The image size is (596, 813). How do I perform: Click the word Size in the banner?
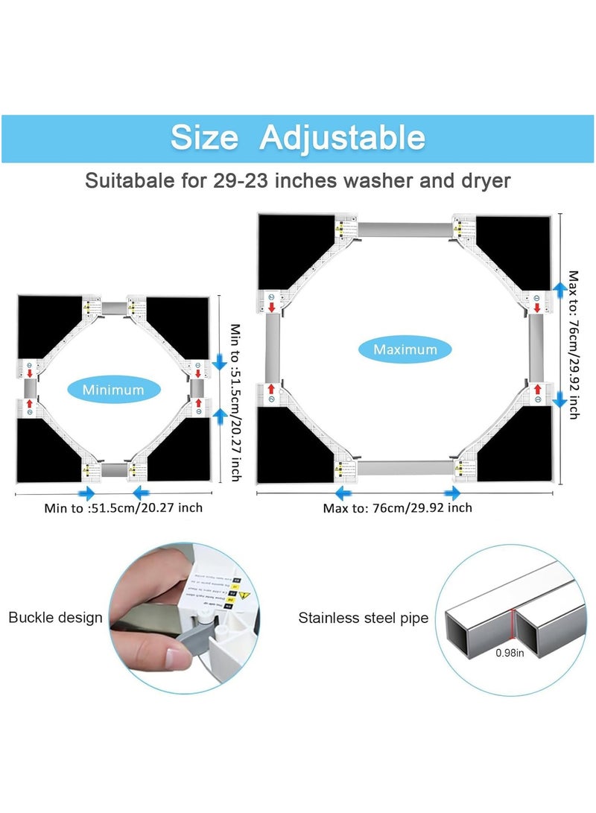(x=204, y=139)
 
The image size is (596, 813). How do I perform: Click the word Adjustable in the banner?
(x=343, y=139)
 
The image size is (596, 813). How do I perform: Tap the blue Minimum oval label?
(x=113, y=390)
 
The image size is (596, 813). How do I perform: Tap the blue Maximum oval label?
(x=405, y=349)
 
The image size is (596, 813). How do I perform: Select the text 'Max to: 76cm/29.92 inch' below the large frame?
(x=397, y=508)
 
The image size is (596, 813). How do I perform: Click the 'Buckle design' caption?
(x=55, y=618)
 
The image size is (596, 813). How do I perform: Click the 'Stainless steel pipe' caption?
(x=364, y=618)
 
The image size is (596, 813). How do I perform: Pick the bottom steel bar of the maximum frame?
(x=405, y=468)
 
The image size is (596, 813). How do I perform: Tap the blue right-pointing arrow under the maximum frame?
(x=452, y=493)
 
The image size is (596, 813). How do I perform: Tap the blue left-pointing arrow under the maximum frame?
(x=343, y=493)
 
